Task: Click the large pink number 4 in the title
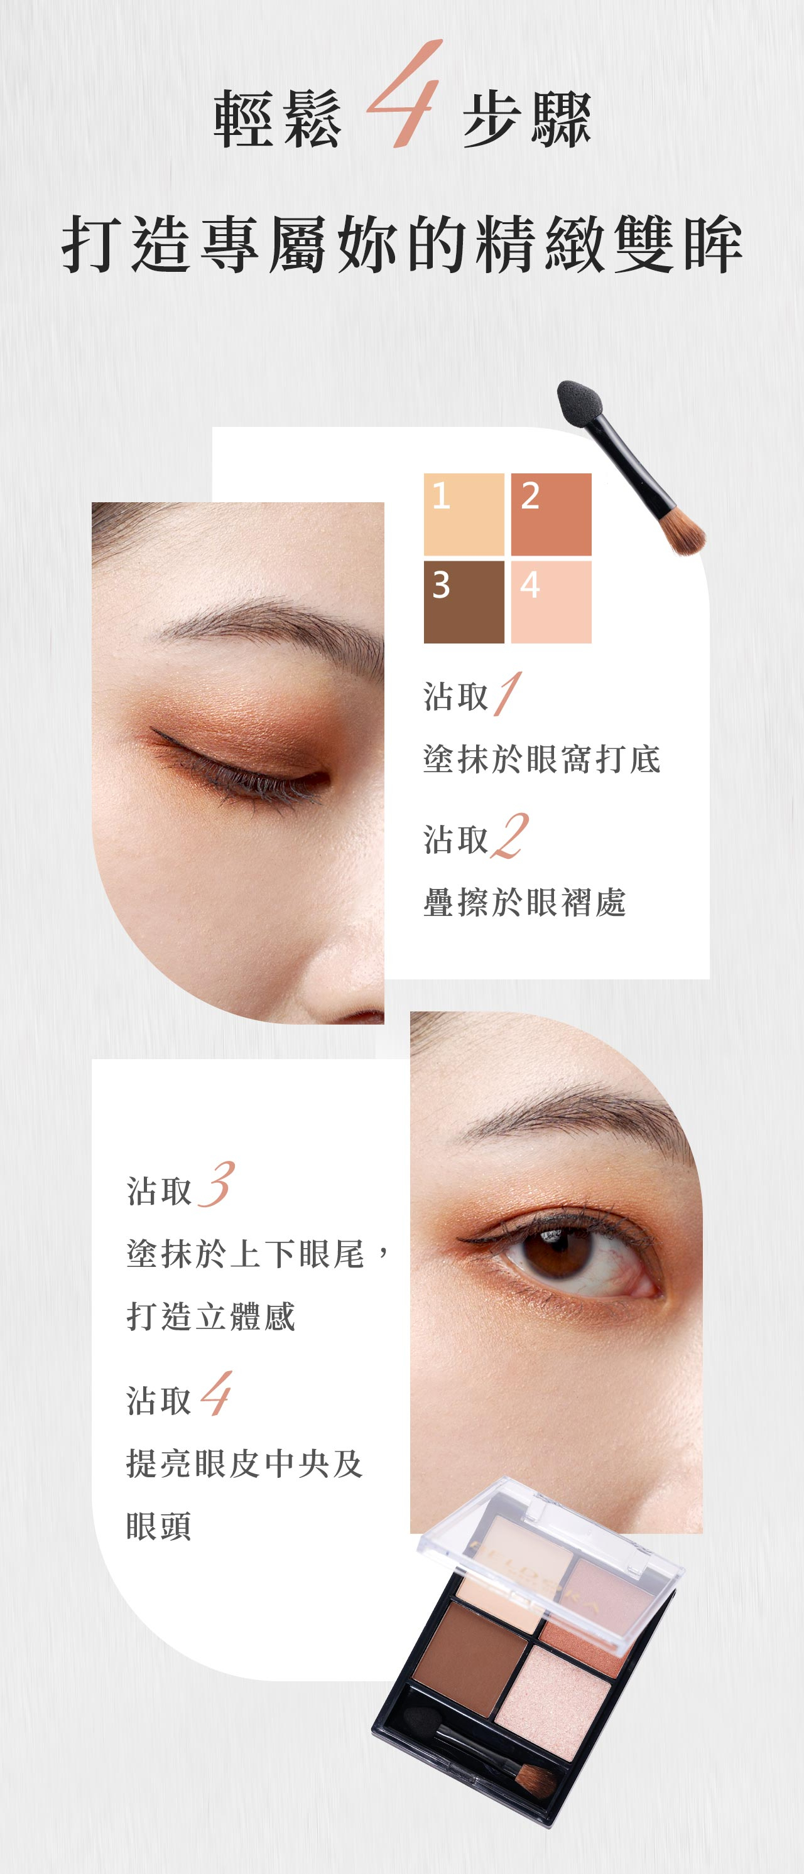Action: pos(405,95)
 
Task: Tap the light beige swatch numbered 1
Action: pos(464,514)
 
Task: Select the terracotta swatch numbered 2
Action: pos(551,514)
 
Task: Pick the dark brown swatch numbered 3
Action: pos(464,601)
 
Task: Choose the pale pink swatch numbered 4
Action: pos(551,601)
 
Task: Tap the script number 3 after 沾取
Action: pos(216,1185)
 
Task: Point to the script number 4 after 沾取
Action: pos(216,1394)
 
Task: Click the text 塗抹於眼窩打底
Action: pos(542,760)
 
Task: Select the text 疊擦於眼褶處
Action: pos(524,903)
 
